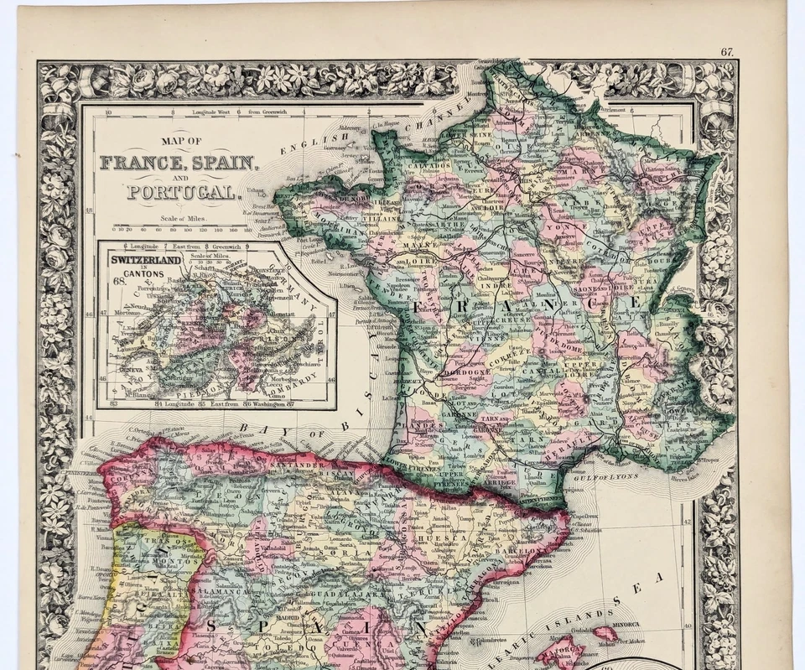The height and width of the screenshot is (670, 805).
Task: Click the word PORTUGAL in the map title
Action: (181, 192)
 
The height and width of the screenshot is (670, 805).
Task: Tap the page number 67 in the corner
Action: (727, 52)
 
